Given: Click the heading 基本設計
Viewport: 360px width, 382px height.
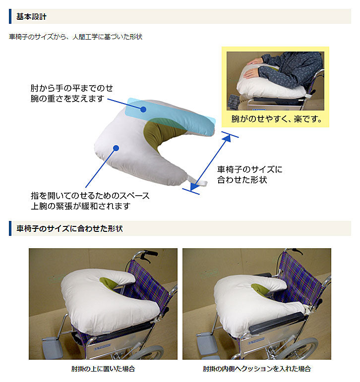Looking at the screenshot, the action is [31, 16].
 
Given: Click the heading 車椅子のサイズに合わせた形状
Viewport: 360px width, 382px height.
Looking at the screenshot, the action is [69, 228].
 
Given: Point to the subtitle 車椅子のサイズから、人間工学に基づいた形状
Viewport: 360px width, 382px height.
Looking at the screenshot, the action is [75, 37].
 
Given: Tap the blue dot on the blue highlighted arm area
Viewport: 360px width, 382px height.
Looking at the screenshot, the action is [143, 109].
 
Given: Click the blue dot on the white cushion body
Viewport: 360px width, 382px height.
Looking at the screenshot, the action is [116, 148].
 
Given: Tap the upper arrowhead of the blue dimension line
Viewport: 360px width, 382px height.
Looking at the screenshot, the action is [227, 138].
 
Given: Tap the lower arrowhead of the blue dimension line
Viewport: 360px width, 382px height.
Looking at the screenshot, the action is [194, 187].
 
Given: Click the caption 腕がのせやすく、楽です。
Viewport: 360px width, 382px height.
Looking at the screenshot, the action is [276, 119].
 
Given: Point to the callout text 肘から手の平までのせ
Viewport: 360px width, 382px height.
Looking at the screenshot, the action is [72, 88].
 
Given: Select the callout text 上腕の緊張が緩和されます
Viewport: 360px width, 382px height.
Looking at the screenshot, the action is [81, 206].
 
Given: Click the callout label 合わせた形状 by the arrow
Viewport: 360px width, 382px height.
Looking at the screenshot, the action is [242, 180].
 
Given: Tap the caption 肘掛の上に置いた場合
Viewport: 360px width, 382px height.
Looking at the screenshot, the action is [103, 369].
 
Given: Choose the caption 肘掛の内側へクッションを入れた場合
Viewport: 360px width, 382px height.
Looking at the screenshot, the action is [257, 369].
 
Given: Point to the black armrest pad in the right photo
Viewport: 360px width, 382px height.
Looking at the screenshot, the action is [277, 323].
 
